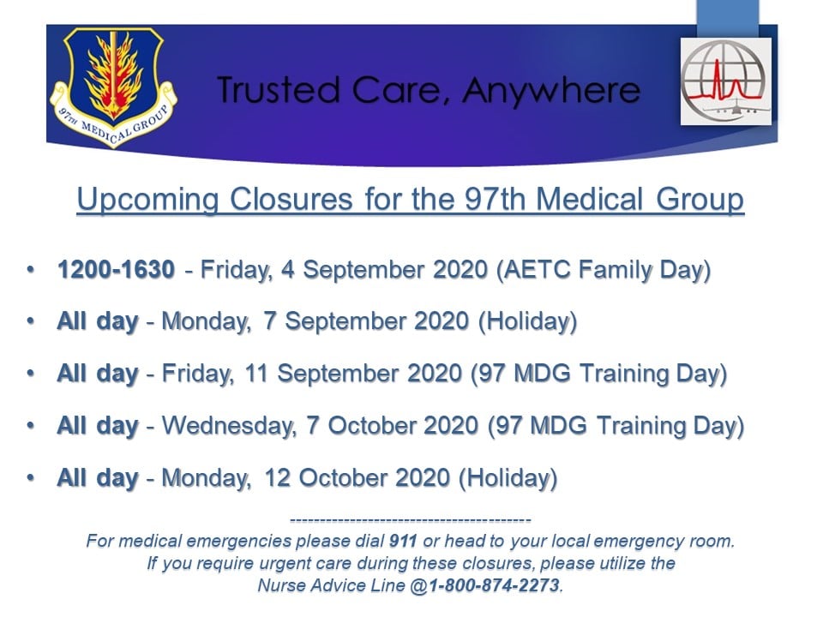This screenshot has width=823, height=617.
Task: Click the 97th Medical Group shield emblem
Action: coord(113,88)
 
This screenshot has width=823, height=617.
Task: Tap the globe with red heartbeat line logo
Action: coord(725,81)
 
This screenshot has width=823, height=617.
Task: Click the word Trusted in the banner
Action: coord(279,90)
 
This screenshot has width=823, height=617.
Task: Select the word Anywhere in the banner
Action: coord(551,91)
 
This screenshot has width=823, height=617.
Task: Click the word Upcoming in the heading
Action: coord(147,200)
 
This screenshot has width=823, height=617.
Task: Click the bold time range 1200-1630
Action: coord(116,269)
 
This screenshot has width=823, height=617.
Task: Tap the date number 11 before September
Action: coord(256,373)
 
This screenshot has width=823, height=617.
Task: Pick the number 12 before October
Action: coord(277,477)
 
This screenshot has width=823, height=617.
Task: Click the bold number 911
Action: coord(403,541)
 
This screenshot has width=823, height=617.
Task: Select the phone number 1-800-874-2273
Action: coord(494,585)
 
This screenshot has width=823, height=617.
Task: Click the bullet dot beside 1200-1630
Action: coord(31,270)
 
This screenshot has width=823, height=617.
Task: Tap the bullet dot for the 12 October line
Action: coord(31,478)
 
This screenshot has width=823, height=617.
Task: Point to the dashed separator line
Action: coord(411,520)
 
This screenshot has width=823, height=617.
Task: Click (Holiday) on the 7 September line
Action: coord(527,321)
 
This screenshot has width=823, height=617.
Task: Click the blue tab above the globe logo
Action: coord(728,19)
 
